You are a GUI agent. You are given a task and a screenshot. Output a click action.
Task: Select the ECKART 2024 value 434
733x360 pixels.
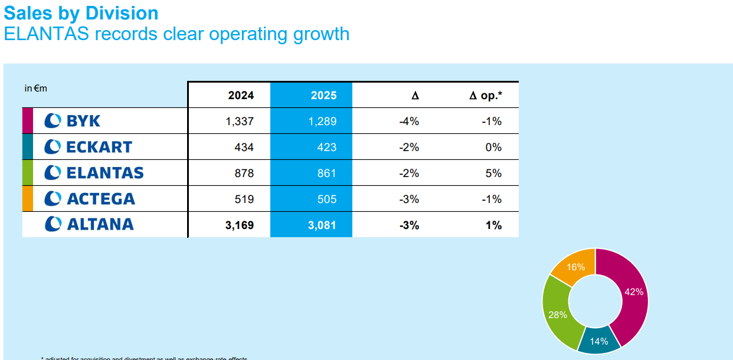click(244, 148)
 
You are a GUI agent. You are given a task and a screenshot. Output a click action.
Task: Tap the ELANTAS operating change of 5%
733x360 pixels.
click(493, 174)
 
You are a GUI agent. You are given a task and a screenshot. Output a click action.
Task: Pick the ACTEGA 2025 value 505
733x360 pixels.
click(326, 199)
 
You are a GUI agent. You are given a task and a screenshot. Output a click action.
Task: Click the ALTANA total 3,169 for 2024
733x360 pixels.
click(240, 225)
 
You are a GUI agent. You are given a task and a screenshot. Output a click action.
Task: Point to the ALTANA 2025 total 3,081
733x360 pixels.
click(322, 225)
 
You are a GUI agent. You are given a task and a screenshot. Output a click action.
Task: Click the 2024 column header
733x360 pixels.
click(241, 96)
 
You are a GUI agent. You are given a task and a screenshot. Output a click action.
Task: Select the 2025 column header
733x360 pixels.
click(323, 96)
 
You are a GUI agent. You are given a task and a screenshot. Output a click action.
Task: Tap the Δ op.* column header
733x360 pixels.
click(485, 96)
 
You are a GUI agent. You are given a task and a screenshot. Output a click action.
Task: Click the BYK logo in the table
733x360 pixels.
click(73, 121)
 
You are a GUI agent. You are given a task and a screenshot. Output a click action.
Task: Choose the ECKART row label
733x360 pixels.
click(89, 147)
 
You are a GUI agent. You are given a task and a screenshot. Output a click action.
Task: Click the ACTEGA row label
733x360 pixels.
click(90, 199)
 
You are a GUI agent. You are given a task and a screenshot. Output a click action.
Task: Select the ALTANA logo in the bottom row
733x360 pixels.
click(89, 224)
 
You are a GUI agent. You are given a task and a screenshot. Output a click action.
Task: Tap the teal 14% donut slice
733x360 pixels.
click(599, 341)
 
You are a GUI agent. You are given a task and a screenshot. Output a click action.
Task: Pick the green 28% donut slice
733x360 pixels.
click(557, 314)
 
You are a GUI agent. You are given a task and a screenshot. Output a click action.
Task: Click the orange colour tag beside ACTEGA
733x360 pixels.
click(27, 199)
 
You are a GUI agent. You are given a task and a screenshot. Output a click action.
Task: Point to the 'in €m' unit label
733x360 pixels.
click(35, 89)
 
